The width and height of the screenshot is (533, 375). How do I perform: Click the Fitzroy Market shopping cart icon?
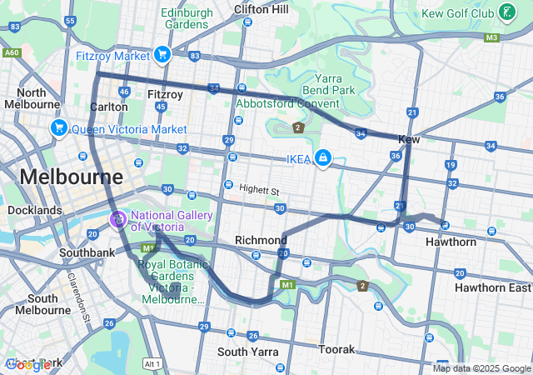point(162,56)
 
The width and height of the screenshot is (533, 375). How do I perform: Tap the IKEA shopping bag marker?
point(322,158)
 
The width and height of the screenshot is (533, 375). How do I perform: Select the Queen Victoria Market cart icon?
point(58,128)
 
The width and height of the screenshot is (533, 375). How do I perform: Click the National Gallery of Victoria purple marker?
point(117,220)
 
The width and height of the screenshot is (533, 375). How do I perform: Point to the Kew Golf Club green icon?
point(506,12)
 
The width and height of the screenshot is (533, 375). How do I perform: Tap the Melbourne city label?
point(71,177)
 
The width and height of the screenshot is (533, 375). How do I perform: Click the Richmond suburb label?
point(261,240)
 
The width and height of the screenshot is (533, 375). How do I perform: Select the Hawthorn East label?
point(493,287)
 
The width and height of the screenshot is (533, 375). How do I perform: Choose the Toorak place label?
point(337,349)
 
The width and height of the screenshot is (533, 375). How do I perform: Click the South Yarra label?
point(247,352)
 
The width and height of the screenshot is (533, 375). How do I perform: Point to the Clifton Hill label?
point(261,9)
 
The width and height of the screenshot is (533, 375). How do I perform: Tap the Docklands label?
point(35,211)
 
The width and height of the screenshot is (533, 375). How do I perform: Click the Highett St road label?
point(259,191)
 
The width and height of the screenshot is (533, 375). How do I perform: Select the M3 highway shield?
point(491,37)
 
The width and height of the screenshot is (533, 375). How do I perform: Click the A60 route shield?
point(12,52)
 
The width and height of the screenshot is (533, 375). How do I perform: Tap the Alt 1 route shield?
point(151,364)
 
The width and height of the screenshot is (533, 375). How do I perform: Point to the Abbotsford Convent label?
point(287,103)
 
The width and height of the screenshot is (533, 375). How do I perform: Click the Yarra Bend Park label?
point(329,83)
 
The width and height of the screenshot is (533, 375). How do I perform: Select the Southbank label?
point(87,252)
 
